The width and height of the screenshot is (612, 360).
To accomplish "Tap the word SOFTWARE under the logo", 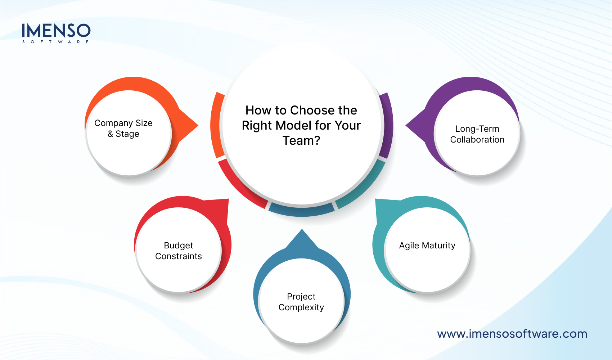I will click(56, 42).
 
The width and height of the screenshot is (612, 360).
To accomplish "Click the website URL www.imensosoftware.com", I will click(512, 334).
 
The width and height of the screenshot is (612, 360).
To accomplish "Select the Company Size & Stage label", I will click(123, 129).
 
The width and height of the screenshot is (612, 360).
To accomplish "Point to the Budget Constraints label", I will click(179, 251).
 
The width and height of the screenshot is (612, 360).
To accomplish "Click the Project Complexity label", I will click(301, 302).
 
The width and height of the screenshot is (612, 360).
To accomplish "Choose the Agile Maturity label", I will click(427, 246).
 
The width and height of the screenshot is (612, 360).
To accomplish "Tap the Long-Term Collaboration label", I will click(477, 134).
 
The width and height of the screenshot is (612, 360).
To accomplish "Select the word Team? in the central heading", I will click(301, 140).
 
